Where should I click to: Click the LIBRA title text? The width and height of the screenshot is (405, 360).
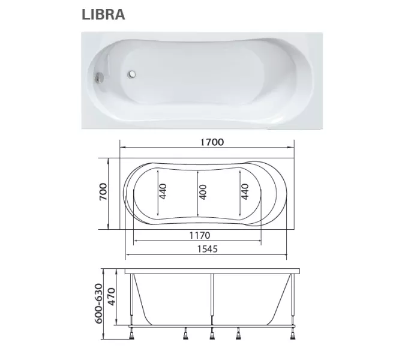coord(103,15)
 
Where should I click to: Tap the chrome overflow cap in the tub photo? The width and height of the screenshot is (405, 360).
coord(100,78)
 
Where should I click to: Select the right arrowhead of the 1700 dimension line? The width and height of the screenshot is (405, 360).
coord(293,148)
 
